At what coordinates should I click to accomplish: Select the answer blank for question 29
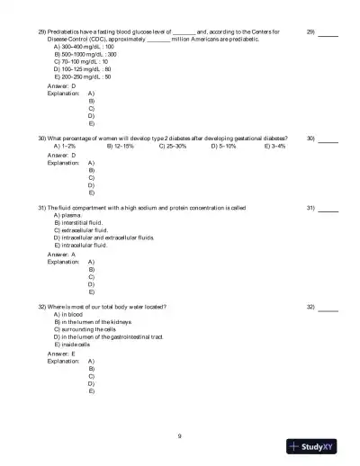(328, 31)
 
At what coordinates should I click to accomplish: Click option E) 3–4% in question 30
(275, 146)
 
